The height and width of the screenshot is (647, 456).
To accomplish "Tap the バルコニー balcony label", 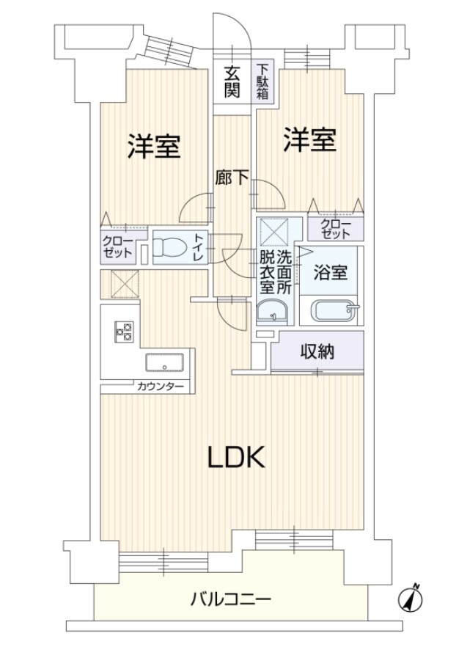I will click(x=231, y=599).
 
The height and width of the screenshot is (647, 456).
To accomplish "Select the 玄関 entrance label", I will click(x=232, y=81).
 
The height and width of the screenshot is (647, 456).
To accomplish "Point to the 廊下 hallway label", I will click(x=232, y=178).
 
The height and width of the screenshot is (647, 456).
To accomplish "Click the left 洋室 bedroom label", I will click(x=153, y=147).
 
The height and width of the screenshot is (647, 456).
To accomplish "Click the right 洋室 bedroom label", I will click(x=310, y=139).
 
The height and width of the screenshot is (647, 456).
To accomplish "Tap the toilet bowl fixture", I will click(x=169, y=248).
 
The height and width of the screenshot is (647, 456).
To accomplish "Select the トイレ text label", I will click(x=197, y=249).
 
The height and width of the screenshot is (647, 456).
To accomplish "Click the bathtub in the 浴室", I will click(x=334, y=312).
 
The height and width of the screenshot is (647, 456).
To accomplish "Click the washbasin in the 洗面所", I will click(x=273, y=312).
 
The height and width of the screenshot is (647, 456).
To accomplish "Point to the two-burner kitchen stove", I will click(x=123, y=332).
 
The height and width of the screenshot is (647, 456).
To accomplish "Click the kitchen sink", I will click(x=164, y=363).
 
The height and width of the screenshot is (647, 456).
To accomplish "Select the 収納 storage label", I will click(x=317, y=352).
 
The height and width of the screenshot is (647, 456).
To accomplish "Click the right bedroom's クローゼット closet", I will click(x=335, y=229).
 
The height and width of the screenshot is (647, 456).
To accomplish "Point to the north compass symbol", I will click(x=410, y=599).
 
